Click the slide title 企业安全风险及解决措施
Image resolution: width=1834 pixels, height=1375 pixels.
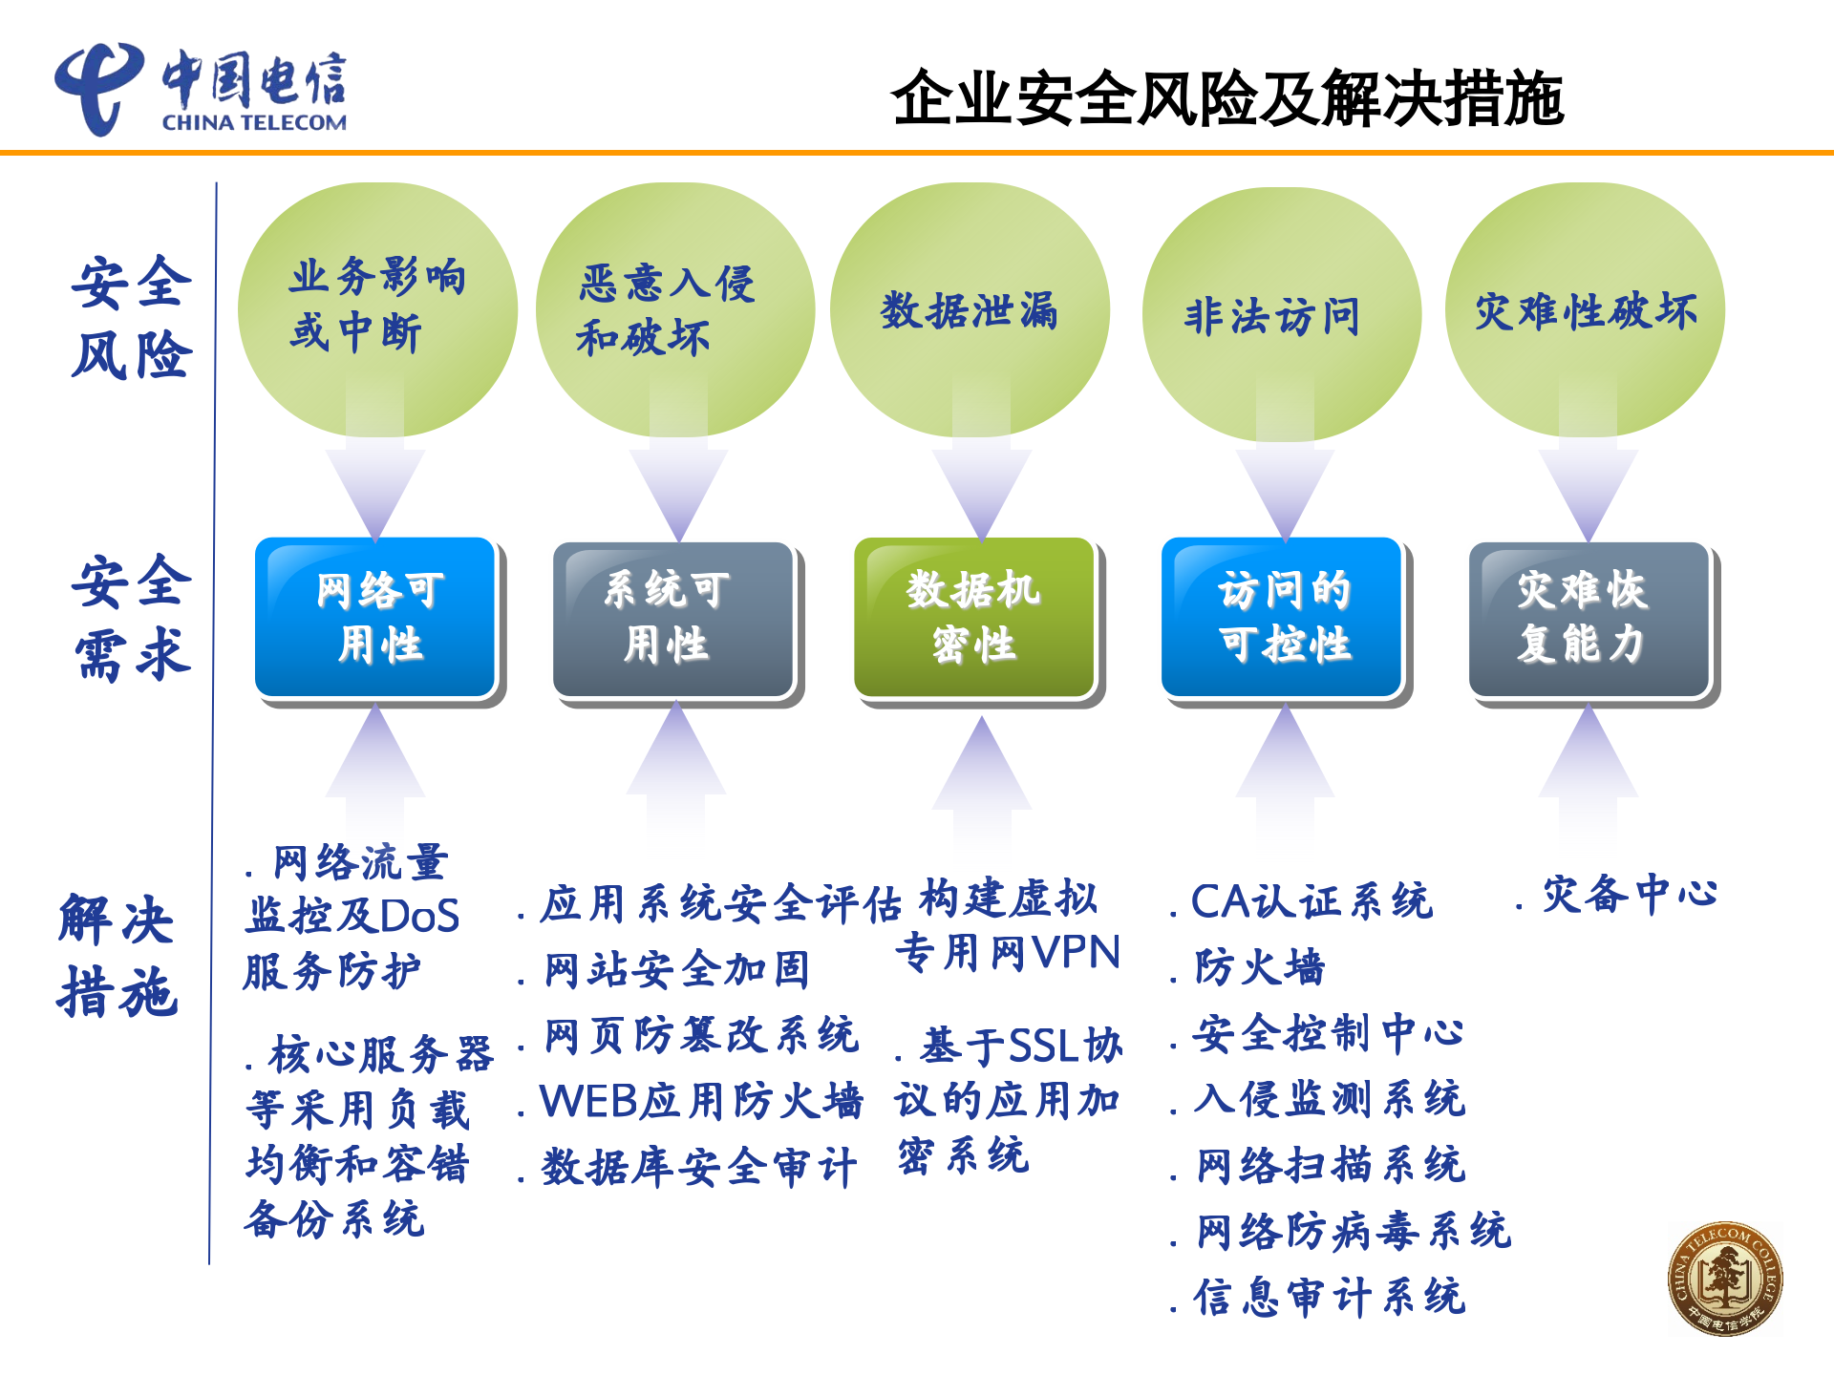tap(1226, 97)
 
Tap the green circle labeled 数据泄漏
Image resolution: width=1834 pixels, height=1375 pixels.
tap(970, 310)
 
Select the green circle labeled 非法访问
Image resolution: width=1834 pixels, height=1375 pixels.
tap(1281, 314)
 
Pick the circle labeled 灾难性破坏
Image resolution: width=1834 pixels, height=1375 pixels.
tap(1585, 310)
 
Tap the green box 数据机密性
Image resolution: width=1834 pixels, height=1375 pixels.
tap(974, 618)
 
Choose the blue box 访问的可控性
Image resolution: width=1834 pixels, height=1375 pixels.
tap(1282, 618)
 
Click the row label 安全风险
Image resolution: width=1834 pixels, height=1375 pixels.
tap(132, 318)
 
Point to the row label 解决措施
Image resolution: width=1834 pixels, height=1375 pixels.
tap(117, 955)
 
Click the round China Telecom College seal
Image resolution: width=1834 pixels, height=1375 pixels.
tap(1724, 1279)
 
